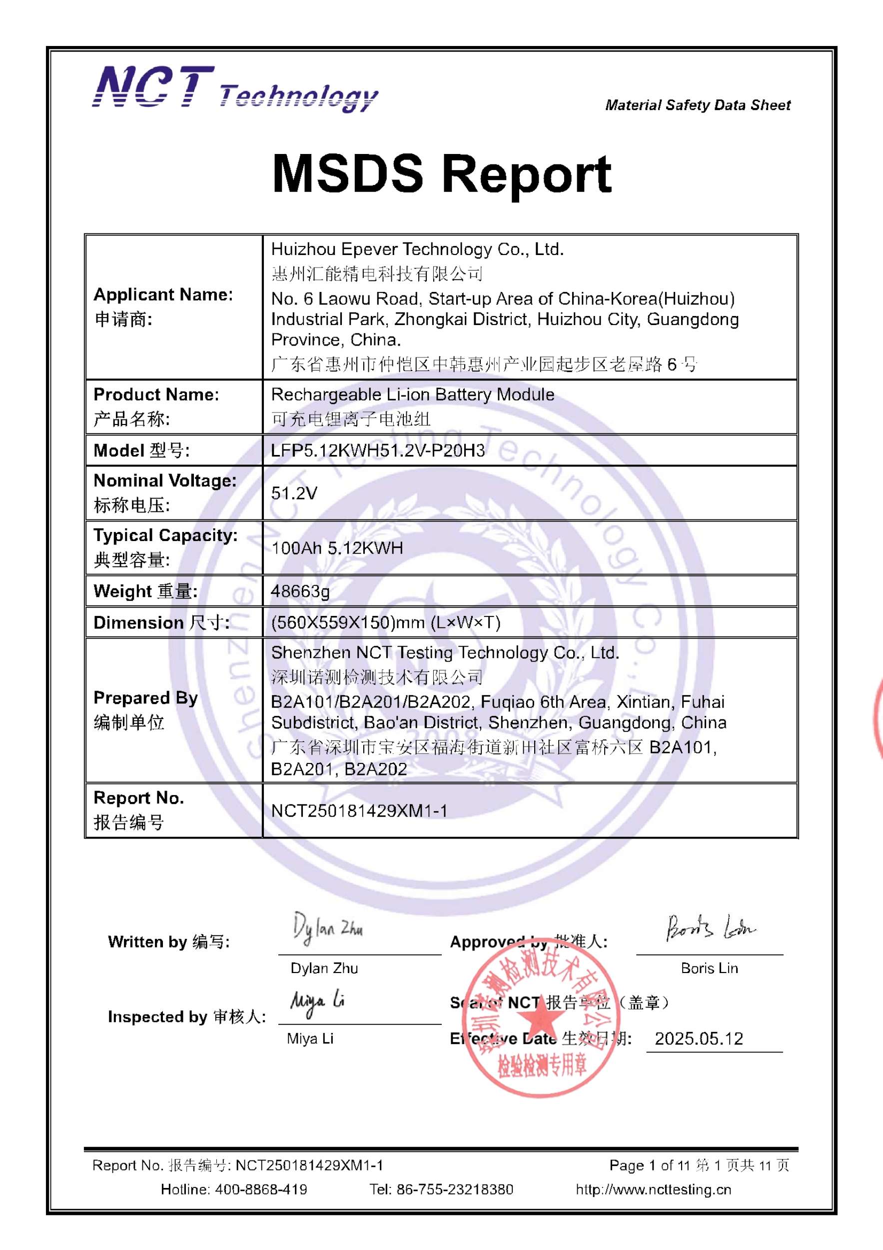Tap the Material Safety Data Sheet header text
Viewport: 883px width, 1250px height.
pyautogui.click(x=698, y=105)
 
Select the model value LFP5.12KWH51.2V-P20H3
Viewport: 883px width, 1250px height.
pyautogui.click(x=378, y=450)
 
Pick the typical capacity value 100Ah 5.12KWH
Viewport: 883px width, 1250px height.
pyautogui.click(x=337, y=547)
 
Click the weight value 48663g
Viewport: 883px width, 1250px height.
pyautogui.click(x=300, y=591)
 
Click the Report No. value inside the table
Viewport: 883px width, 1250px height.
pyautogui.click(x=359, y=810)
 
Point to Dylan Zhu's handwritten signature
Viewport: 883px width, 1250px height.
pyautogui.click(x=327, y=928)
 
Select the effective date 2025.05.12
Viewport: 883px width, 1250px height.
pyautogui.click(x=699, y=1039)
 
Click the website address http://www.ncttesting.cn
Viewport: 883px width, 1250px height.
pyautogui.click(x=654, y=1189)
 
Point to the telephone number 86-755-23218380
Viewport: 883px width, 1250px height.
pyautogui.click(x=454, y=1189)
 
